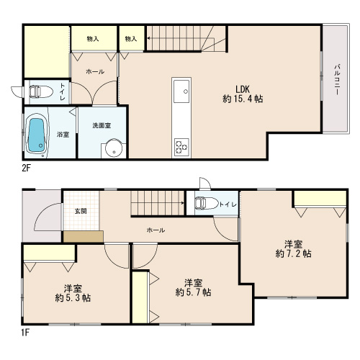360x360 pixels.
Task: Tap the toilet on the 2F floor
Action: pyautogui.click(x=41, y=92)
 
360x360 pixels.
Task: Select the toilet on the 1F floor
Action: pyautogui.click(x=206, y=203)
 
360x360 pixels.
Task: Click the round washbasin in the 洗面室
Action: pyautogui.click(x=114, y=148)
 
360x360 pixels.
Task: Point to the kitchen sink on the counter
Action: pyautogui.click(x=181, y=91)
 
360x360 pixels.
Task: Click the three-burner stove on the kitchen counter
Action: pyautogui.click(x=181, y=147)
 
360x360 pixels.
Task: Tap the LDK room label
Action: pyautogui.click(x=243, y=89)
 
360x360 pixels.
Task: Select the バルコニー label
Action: pyautogui.click(x=337, y=79)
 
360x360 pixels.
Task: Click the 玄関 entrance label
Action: pyautogui.click(x=81, y=211)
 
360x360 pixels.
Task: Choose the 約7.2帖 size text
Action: pyautogui.click(x=293, y=253)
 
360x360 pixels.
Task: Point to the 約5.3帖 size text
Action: pyautogui.click(x=73, y=298)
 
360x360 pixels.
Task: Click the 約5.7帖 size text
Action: pyautogui.click(x=194, y=292)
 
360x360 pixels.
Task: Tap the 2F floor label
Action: pyautogui.click(x=27, y=168)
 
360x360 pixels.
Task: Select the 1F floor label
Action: pyautogui.click(x=25, y=333)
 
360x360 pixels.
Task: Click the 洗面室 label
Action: pyautogui.click(x=102, y=125)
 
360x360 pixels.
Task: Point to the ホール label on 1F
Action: pyautogui.click(x=156, y=230)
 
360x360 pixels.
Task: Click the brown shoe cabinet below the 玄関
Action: pyautogui.click(x=84, y=237)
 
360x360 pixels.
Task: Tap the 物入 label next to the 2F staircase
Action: pyautogui.click(x=131, y=39)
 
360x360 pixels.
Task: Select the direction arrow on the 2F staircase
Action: pyautogui.click(x=181, y=38)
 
